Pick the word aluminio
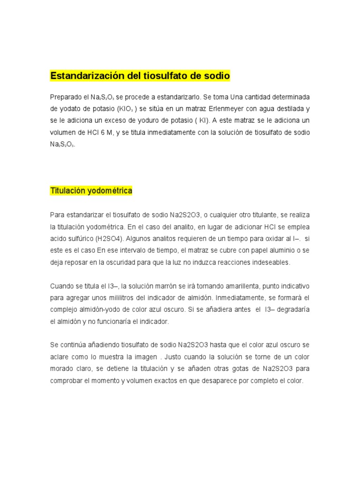pyautogui.click(x=274, y=251)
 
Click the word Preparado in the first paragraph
pyautogui.click(x=65, y=97)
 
